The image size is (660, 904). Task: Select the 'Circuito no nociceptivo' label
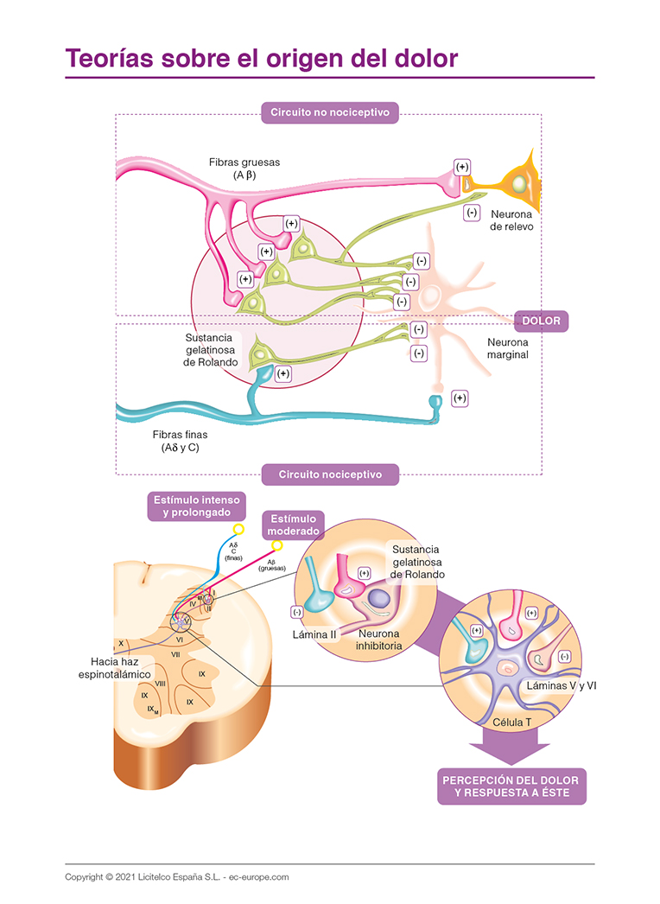[329, 112]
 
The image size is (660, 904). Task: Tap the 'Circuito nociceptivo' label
[329, 474]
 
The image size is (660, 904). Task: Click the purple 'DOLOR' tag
[541, 321]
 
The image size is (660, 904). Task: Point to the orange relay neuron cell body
[518, 184]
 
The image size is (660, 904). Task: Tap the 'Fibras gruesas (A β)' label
[244, 168]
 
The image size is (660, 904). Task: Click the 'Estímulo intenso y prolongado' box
[196, 506]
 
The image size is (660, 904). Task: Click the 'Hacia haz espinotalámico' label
[111, 666]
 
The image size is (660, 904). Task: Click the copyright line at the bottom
[177, 876]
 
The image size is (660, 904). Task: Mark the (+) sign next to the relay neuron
[462, 167]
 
